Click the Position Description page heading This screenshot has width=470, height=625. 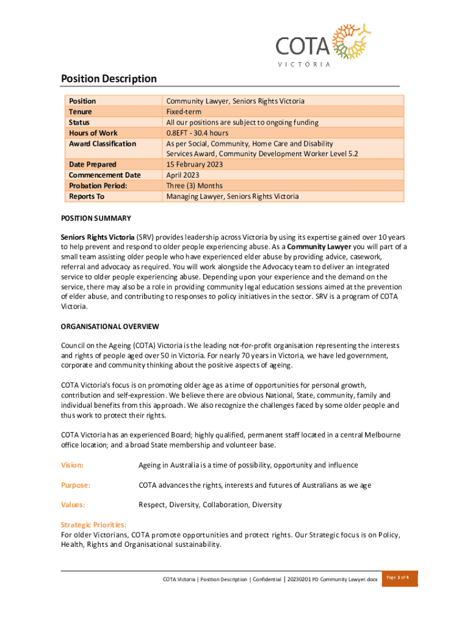[109, 79]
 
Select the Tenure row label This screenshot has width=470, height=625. [81, 112]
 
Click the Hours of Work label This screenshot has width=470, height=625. [93, 132]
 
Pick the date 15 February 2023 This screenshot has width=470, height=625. [195, 164]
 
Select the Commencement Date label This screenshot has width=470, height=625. [104, 175]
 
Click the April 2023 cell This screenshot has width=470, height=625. [184, 175]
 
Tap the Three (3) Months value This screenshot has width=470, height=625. [194, 186]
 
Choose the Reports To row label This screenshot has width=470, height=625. [87, 196]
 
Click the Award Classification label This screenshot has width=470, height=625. [103, 143]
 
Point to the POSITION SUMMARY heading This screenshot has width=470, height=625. [96, 219]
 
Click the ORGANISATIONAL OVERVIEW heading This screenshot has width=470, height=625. [110, 326]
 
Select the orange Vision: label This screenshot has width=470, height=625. [72, 465]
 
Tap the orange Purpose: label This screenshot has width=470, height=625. [75, 485]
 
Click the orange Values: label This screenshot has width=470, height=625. [73, 505]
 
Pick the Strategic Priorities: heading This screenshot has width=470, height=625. [93, 524]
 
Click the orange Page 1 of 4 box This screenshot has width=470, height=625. [399, 578]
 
